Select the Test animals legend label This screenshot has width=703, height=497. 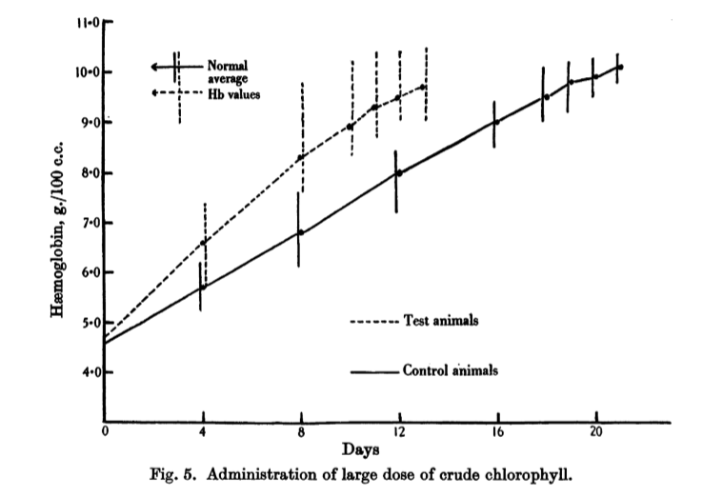point(440,321)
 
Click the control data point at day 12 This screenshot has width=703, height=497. point(398,173)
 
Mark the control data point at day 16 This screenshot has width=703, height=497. point(494,122)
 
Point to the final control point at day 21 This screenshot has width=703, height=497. point(619,67)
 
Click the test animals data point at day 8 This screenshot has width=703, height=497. point(301,157)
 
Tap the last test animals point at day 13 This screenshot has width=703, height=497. point(424,87)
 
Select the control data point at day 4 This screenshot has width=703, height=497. point(202,287)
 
